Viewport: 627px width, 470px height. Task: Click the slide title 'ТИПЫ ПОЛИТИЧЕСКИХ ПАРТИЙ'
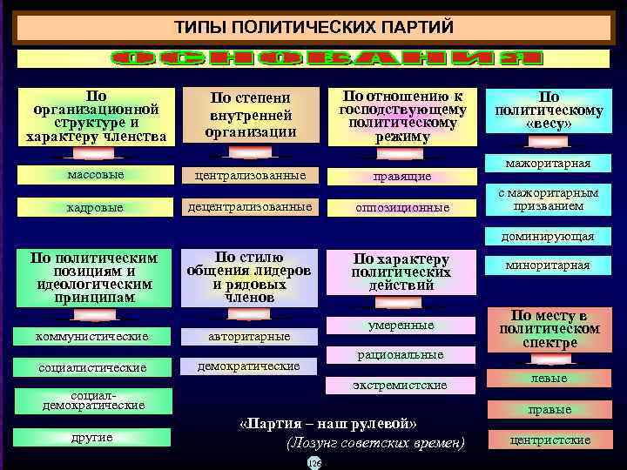click(x=314, y=27)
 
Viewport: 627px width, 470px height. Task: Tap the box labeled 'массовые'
click(x=96, y=175)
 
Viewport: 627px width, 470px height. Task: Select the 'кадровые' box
click(x=96, y=208)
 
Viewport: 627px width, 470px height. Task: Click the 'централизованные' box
click(x=250, y=176)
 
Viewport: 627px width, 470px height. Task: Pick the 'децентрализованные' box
click(x=250, y=207)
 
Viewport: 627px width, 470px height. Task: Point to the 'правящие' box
click(x=401, y=177)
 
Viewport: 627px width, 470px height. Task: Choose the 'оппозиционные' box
click(x=401, y=208)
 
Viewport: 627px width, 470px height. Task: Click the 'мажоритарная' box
click(x=548, y=164)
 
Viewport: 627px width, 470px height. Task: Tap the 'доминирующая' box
click(x=548, y=236)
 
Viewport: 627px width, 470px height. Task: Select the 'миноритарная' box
click(x=548, y=265)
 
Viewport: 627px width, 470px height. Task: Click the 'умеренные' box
click(x=401, y=326)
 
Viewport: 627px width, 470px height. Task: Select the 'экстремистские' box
click(x=401, y=385)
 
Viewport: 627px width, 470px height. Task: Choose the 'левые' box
click(x=549, y=379)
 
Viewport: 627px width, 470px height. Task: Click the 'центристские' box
click(x=549, y=440)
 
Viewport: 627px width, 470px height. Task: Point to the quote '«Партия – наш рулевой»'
click(x=328, y=424)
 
